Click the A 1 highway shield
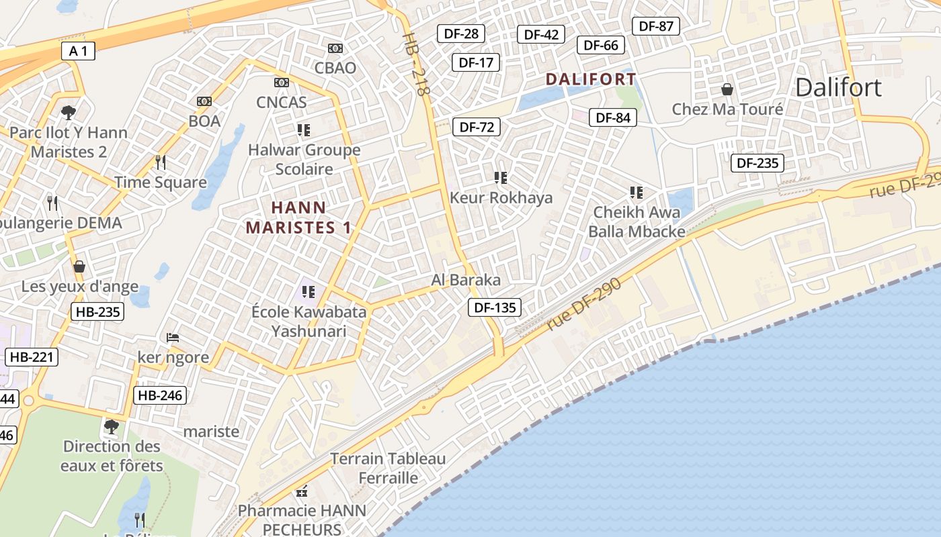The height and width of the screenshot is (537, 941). (79, 50)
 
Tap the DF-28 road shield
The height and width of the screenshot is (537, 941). (461, 33)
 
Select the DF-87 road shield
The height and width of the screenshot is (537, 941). (656, 26)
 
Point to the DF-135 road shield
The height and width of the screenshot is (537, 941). (495, 308)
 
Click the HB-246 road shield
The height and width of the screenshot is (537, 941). (159, 395)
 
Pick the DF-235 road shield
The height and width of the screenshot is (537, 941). (758, 162)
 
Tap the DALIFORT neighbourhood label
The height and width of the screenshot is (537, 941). (590, 79)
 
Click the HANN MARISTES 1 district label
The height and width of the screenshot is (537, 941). (298, 217)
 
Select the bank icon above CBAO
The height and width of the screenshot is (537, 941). (335, 48)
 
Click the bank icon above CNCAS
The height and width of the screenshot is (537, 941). (282, 83)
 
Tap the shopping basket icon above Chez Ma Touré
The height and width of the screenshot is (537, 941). (727, 89)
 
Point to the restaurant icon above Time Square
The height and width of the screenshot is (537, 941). (161, 162)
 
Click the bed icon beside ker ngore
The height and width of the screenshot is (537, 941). (173, 337)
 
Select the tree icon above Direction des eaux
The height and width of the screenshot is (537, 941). (112, 426)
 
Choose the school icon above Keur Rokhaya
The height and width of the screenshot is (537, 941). (501, 178)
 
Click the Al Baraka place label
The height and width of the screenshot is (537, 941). (466, 280)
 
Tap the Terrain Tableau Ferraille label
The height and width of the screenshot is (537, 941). (388, 469)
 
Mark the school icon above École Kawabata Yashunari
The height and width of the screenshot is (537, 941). (309, 292)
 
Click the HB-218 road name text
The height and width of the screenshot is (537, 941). (415, 64)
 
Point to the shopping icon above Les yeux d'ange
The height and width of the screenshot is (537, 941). (79, 266)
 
